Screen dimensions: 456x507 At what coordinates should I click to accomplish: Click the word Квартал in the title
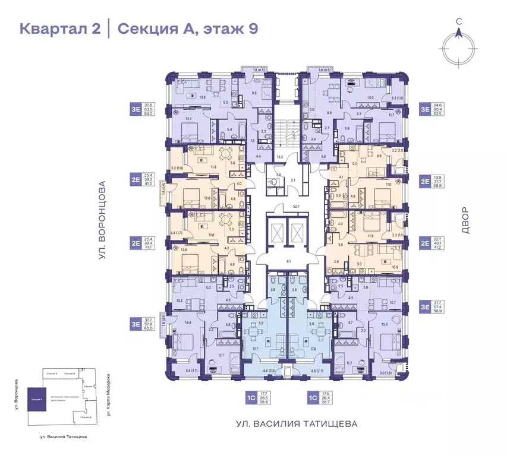click(x=51, y=28)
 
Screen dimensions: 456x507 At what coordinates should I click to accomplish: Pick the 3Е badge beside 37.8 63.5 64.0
click(x=136, y=109)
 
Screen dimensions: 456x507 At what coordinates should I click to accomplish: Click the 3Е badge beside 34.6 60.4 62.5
click(x=426, y=109)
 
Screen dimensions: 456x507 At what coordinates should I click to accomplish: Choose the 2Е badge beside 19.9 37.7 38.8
click(x=426, y=180)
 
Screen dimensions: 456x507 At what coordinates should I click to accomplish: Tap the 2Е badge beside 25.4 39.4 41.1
click(x=136, y=242)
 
